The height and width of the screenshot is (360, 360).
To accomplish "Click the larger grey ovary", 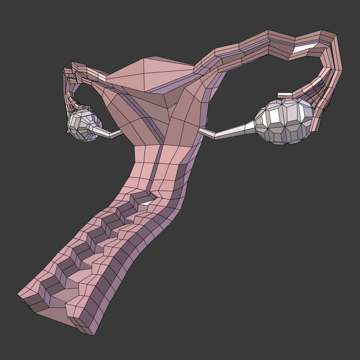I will tap(284, 121).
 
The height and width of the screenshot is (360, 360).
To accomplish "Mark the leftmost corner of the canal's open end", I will tap(18, 295).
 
